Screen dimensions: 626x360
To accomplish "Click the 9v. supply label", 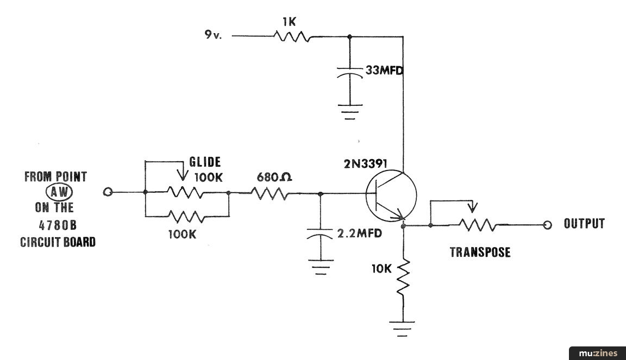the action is (213, 35).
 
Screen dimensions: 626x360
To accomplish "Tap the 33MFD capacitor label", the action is (384, 71).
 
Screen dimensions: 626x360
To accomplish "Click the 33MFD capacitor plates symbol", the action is (350, 72).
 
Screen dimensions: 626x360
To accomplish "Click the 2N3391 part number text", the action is (365, 163).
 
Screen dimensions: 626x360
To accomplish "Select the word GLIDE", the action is (205, 162).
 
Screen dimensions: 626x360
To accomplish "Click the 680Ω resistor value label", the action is (274, 177).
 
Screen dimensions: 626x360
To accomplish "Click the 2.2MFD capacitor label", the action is (359, 233).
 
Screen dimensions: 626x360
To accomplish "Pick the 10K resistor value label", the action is (381, 269).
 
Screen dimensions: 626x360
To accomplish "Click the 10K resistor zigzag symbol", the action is (403, 277).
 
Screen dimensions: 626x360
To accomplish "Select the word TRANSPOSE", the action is (480, 252).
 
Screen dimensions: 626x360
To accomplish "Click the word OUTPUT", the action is (584, 224).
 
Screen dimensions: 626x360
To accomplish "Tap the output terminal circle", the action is (547, 225).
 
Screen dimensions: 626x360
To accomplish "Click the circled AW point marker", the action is (59, 192).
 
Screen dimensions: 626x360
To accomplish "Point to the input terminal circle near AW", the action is (108, 192).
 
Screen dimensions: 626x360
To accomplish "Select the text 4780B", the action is (58, 225).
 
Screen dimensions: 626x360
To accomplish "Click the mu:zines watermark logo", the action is (598, 353).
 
